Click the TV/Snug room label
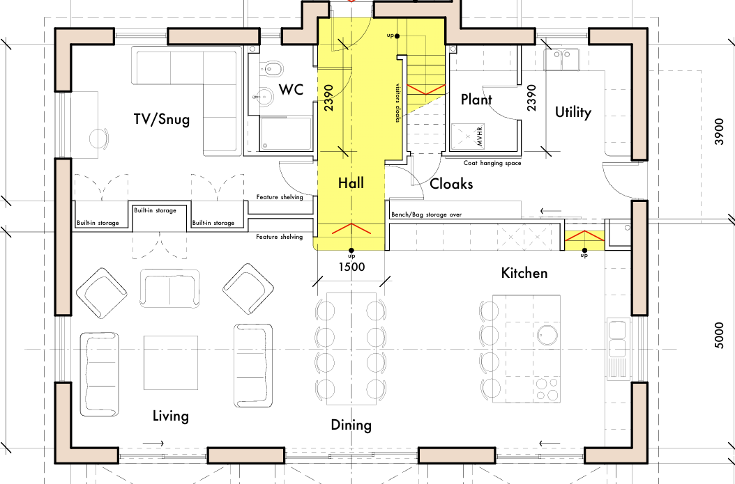point(162,119)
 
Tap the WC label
point(291,89)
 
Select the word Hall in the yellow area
point(351,183)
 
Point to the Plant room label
point(476,99)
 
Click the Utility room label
point(573,112)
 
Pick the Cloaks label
point(451,183)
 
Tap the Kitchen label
point(524,272)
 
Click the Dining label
point(351,425)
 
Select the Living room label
point(171,416)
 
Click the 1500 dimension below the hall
point(351,267)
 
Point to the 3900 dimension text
point(720,132)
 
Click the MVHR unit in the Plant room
point(467,136)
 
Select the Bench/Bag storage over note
point(426,214)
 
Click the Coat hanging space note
point(492,163)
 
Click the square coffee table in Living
point(171,362)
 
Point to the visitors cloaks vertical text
point(398,103)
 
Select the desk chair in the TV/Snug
point(100,138)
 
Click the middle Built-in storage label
point(155,210)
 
